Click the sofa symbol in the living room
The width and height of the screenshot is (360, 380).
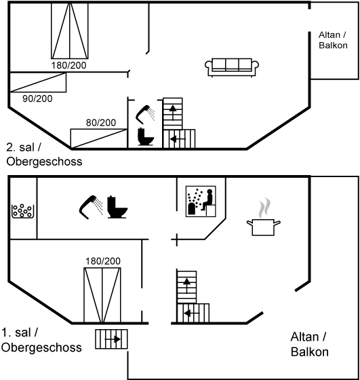point(232,67)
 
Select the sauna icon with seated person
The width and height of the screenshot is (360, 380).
point(201,202)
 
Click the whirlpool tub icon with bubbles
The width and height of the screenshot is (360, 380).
point(22,211)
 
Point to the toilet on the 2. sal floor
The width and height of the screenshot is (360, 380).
point(146,136)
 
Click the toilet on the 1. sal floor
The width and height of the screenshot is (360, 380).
point(117,208)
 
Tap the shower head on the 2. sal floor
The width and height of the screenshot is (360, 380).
point(145,115)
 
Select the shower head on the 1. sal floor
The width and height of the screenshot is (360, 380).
point(92,208)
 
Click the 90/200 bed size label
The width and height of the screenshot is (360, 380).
point(37,98)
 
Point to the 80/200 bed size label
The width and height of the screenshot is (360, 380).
point(101,123)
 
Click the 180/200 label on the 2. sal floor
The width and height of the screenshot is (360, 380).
point(68,65)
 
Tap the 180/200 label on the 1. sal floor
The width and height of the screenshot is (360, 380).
point(103,261)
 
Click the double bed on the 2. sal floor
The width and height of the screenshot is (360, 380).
point(70,31)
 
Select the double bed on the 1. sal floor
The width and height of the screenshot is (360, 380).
point(102,295)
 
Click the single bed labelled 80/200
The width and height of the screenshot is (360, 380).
point(99,138)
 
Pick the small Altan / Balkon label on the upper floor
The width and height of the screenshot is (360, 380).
point(333,40)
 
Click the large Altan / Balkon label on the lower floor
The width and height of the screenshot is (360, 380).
point(309,345)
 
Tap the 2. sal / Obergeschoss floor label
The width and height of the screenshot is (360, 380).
point(44,155)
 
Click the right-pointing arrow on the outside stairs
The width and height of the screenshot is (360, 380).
point(113,339)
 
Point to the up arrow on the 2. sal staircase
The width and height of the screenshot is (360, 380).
point(173,113)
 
